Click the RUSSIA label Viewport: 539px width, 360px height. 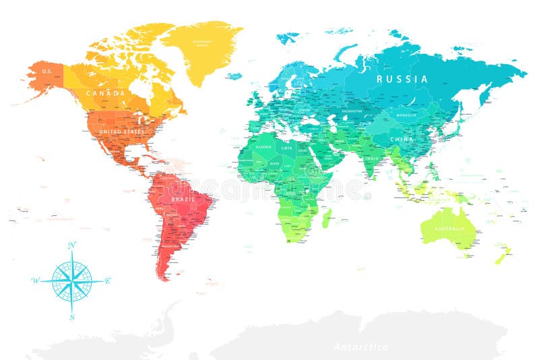pos(402,79)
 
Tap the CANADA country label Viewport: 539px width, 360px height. pos(105,93)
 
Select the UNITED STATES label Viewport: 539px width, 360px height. pos(121,131)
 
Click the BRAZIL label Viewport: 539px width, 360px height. pos(184,200)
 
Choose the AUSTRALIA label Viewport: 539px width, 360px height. pos(449,229)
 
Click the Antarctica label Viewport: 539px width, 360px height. pos(361,347)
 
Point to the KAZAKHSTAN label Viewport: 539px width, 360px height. pos(352,111)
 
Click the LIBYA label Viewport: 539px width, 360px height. pos(288,148)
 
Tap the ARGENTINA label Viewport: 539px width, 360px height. pos(170,246)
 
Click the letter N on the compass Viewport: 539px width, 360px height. pos(72,244)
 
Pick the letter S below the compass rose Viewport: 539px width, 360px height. pos(72,317)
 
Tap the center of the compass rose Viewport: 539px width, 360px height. pos(72,280)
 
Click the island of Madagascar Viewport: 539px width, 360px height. pos(327,217)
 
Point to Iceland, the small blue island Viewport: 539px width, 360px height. pos(234,76)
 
